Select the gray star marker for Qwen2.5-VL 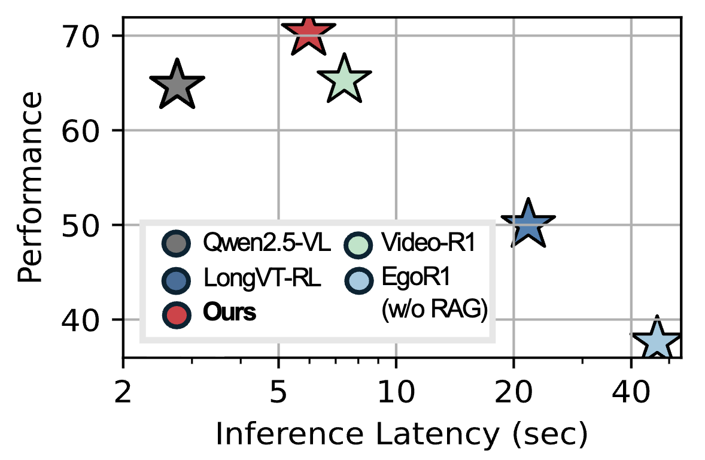click(177, 85)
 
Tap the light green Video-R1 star click(344, 79)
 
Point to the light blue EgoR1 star click(657, 342)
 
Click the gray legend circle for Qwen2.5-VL click(176, 243)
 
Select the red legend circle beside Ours click(176, 313)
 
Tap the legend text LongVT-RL click(262, 279)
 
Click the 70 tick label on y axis click(85, 37)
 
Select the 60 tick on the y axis click(85, 131)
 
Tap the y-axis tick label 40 click(85, 320)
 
